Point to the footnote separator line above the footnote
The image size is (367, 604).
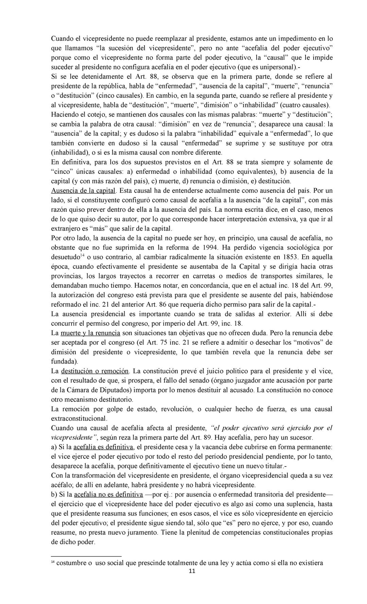point(86,555)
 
